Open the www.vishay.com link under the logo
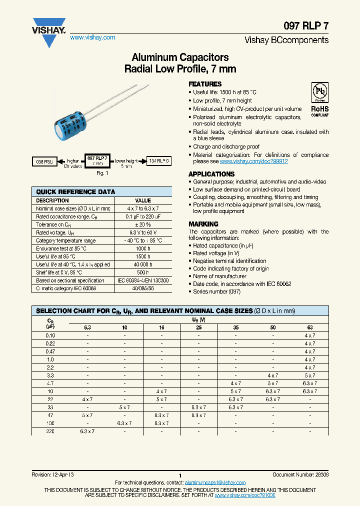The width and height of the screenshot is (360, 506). [92, 37]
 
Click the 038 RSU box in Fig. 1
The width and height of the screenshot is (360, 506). [44, 161]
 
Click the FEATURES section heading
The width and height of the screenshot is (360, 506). [205, 84]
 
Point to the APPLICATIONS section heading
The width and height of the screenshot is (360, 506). [211, 174]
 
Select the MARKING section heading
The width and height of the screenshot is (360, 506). [203, 224]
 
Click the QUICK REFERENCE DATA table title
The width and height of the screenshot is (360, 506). [75, 191]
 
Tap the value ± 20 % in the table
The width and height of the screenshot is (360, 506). [143, 224]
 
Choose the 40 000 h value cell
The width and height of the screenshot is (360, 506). [143, 264]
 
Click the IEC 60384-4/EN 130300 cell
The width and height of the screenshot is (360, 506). [143, 280]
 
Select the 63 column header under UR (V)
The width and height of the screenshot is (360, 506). [310, 327]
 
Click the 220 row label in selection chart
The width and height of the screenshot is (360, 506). [50, 431]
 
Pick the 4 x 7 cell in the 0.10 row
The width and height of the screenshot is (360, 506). [310, 335]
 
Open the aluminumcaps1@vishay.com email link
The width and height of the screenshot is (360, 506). [215, 482]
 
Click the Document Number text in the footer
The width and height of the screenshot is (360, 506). [300, 474]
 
